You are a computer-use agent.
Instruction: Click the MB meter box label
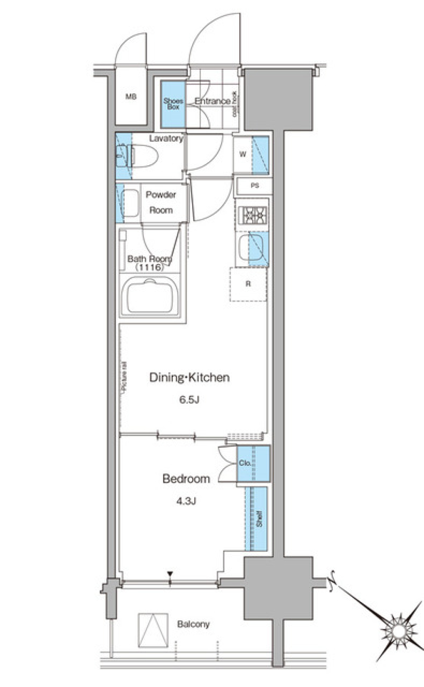click(131, 97)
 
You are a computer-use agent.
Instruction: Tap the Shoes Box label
click(173, 104)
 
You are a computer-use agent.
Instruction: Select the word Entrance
click(212, 101)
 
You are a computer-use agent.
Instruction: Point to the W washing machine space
click(242, 155)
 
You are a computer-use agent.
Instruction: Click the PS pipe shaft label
click(254, 186)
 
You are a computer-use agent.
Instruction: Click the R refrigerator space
click(248, 284)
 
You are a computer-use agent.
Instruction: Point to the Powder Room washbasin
click(129, 203)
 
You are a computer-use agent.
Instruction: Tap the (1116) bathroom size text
click(150, 268)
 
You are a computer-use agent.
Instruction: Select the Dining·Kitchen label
click(189, 377)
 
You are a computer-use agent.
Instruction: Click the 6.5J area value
click(189, 400)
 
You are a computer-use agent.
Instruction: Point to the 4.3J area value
click(185, 501)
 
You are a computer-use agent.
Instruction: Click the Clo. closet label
click(245, 463)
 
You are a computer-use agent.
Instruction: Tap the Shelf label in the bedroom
click(259, 518)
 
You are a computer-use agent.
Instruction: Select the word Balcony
click(193, 624)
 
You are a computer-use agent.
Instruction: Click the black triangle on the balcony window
click(170, 574)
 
